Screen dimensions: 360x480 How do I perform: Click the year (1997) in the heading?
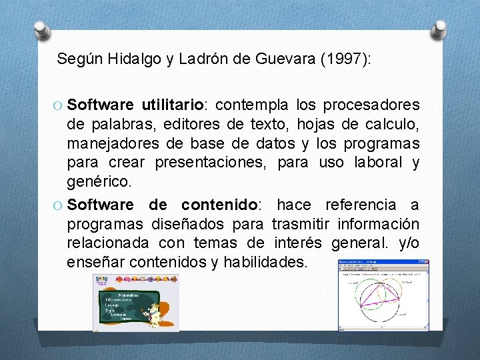point(345,59)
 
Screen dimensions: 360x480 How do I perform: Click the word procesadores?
point(371,105)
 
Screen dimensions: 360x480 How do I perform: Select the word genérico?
point(99,181)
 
